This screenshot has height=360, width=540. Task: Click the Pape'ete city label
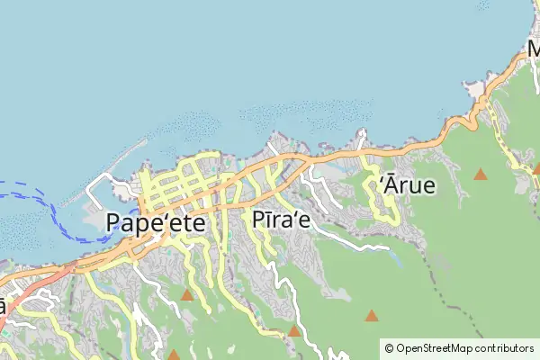(x=155, y=221)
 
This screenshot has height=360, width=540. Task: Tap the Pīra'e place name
(x=282, y=220)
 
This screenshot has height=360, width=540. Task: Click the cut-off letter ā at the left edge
(x=3, y=306)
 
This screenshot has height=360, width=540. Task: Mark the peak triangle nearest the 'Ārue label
(x=481, y=174)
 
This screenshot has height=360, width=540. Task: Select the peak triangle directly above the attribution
(x=371, y=315)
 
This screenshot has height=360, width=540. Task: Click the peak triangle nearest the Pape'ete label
(x=186, y=295)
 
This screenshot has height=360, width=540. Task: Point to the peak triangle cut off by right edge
(x=536, y=167)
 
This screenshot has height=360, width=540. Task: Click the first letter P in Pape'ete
(x=114, y=221)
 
